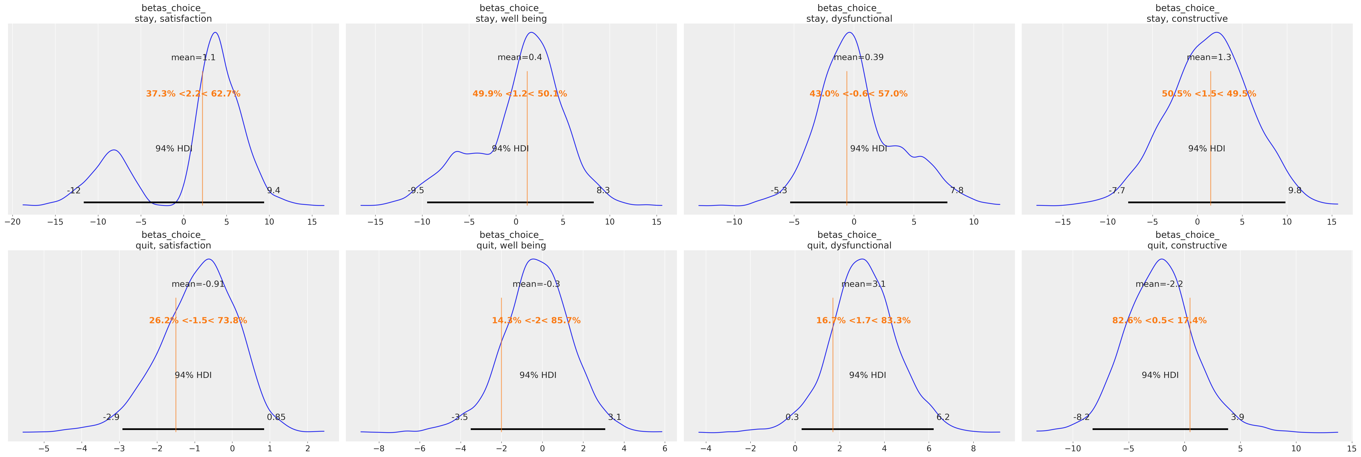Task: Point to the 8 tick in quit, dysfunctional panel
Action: pos(973,449)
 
